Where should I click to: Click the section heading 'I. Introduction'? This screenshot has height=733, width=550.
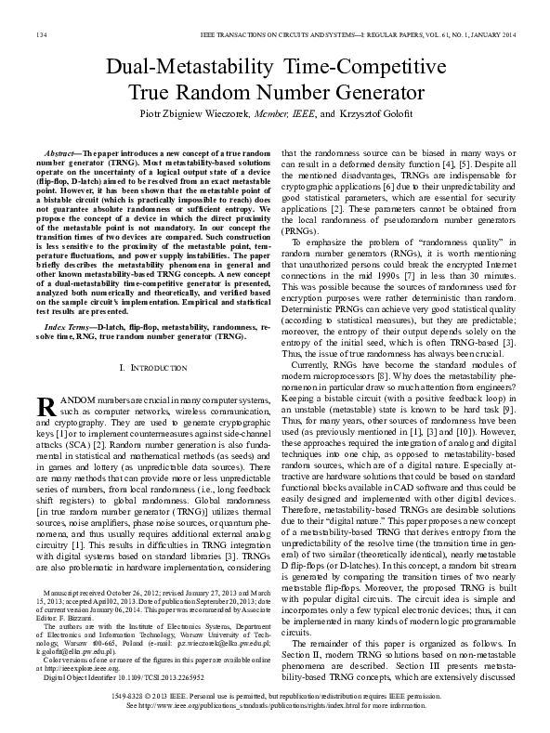pyautogui.click(x=154, y=369)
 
